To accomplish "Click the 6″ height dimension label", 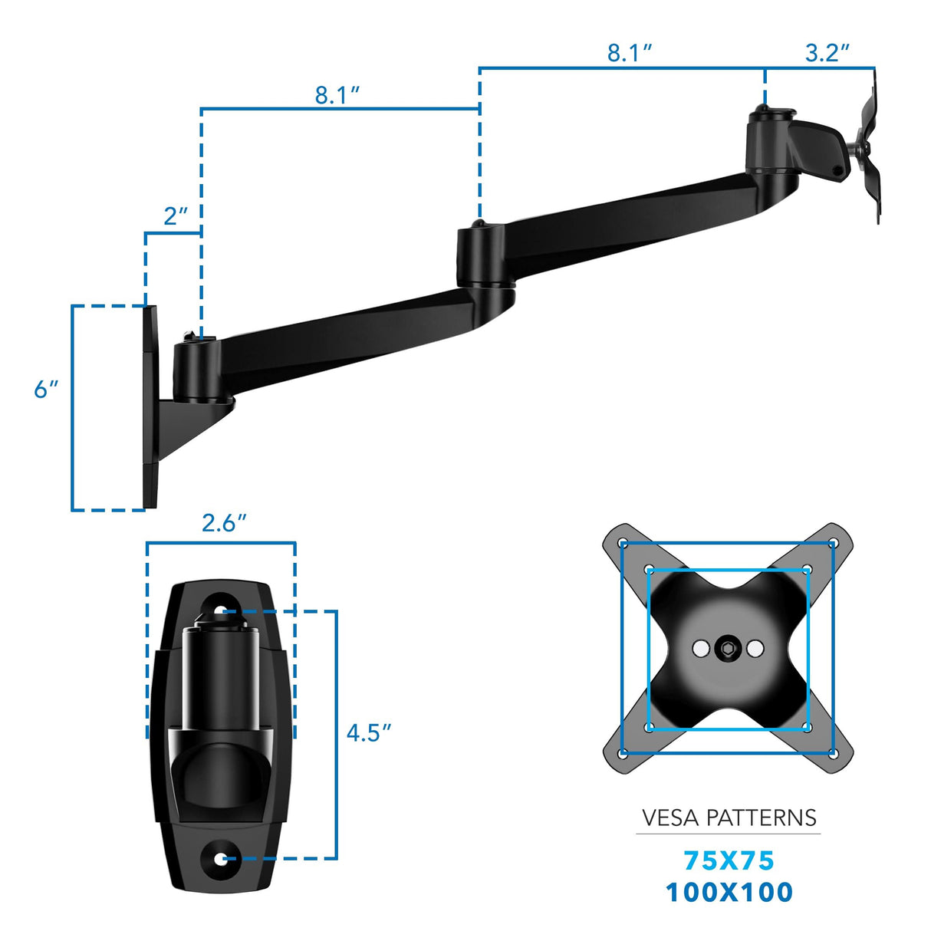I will [x=46, y=390].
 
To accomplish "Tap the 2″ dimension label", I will [x=175, y=216].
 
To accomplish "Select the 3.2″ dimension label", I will [x=827, y=53].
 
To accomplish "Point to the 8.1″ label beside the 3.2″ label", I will [x=630, y=53].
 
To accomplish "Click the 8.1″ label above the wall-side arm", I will [x=337, y=95].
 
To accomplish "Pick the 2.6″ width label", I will [x=223, y=523].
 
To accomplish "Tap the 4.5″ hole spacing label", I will [x=368, y=733].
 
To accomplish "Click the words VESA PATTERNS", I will [x=729, y=818].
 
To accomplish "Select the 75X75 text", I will [x=729, y=860].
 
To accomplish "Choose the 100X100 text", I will [x=729, y=892].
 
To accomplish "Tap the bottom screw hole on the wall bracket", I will [x=221, y=859].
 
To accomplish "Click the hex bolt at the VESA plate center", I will [x=727, y=649].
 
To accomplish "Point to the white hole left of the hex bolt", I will [x=700, y=649].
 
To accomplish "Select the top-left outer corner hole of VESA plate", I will [x=623, y=544].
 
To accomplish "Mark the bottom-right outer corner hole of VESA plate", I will [x=833, y=753].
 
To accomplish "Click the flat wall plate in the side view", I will [x=150, y=406].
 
